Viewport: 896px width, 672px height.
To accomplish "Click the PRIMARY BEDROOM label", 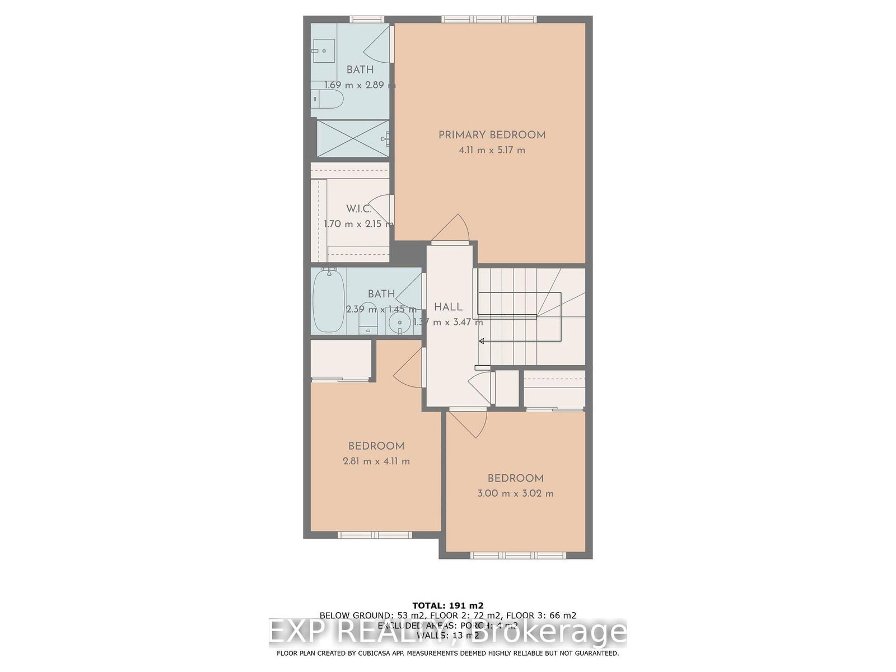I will (x=492, y=135).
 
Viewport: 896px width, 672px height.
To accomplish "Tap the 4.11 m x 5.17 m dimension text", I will (x=492, y=150).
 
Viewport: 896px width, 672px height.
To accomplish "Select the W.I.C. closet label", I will (x=358, y=209).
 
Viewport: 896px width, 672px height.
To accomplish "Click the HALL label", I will (x=448, y=307).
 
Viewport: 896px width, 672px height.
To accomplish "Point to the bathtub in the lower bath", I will (x=328, y=301).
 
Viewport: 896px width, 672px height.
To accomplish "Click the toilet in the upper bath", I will (x=328, y=100).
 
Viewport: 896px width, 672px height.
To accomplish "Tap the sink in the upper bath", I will (x=323, y=51).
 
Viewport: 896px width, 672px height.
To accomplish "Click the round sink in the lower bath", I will (x=400, y=321).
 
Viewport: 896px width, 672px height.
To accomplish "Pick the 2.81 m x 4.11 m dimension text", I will (x=376, y=461).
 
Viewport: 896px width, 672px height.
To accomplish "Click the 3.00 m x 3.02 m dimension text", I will (x=515, y=493).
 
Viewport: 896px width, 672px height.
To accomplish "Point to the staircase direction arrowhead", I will (x=481, y=340).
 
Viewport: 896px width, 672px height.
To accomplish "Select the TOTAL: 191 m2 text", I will (x=447, y=605).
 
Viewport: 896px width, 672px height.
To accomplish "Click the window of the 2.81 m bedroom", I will (x=375, y=535).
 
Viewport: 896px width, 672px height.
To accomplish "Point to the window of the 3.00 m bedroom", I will (x=518, y=555).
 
